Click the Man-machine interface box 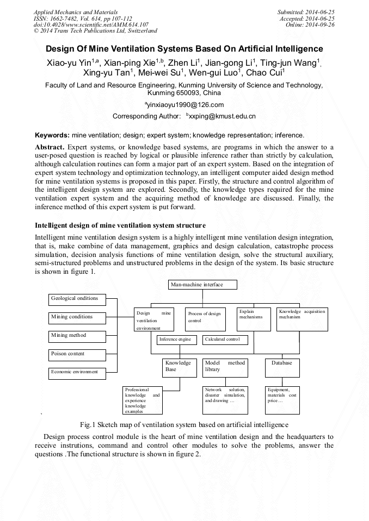(x=203, y=285)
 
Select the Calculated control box (x=225, y=340)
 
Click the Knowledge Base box (x=180, y=367)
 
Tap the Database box (x=282, y=367)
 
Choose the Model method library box (x=225, y=367)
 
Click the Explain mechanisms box (x=254, y=319)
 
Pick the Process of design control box (x=205, y=319)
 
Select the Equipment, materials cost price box (x=282, y=399)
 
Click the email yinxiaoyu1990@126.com (x=185, y=105)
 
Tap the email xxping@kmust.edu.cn (x=222, y=116)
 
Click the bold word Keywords (x=52, y=135)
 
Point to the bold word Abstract (x=50, y=148)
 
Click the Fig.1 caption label (x=87, y=424)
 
